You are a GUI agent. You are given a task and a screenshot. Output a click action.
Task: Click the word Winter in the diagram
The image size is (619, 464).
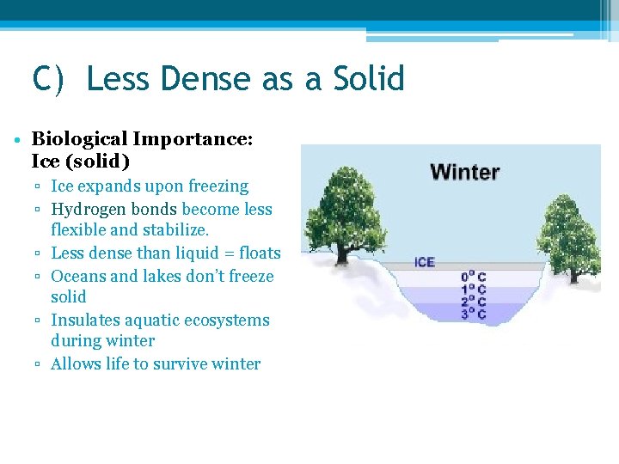[464, 171]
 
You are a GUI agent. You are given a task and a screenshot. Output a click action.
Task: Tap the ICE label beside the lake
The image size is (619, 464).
[425, 262]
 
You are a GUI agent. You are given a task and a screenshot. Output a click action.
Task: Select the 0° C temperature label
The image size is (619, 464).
[474, 277]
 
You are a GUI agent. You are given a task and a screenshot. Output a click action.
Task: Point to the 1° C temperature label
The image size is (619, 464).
[474, 290]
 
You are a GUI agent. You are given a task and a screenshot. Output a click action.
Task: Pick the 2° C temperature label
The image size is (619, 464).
[474, 302]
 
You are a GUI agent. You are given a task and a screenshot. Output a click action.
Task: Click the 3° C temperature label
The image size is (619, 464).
[474, 314]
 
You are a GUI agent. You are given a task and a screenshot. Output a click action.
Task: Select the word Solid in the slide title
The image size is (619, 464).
[365, 79]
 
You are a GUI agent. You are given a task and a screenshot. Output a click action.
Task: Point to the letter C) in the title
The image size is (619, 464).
[48, 79]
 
